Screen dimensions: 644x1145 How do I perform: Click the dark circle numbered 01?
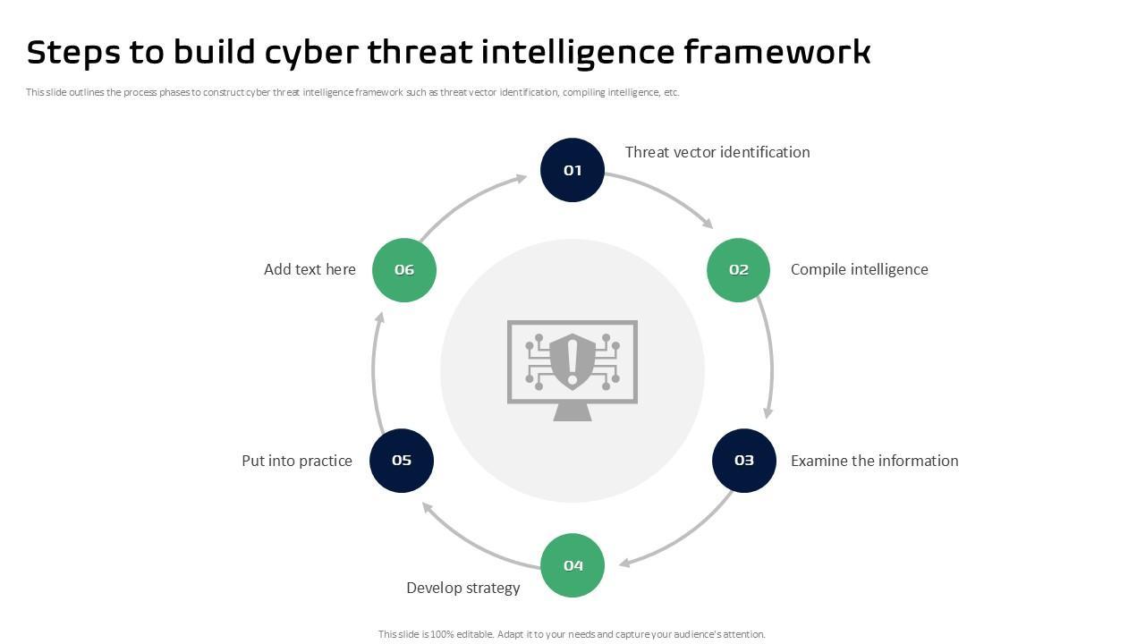coord(572,170)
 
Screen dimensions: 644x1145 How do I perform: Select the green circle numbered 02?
coord(738,269)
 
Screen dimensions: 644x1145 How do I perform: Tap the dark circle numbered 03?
coord(744,461)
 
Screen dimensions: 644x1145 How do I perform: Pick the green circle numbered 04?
coord(572,565)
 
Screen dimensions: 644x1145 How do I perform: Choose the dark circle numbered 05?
coord(402,461)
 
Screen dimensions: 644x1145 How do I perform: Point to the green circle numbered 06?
coord(404,269)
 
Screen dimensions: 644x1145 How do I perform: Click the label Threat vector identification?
coord(717,152)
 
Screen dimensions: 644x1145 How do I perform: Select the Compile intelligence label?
coord(859,269)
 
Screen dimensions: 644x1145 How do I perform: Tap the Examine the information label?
coord(874,461)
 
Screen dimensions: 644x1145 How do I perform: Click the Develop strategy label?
coord(462,588)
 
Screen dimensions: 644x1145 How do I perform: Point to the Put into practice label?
coord(297,461)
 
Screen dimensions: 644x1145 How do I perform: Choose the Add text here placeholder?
coord(310,269)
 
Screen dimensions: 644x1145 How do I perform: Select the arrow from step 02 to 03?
coord(770,358)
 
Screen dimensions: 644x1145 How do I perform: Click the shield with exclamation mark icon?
coord(572,361)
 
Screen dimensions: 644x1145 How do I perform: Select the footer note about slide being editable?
coord(572,634)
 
